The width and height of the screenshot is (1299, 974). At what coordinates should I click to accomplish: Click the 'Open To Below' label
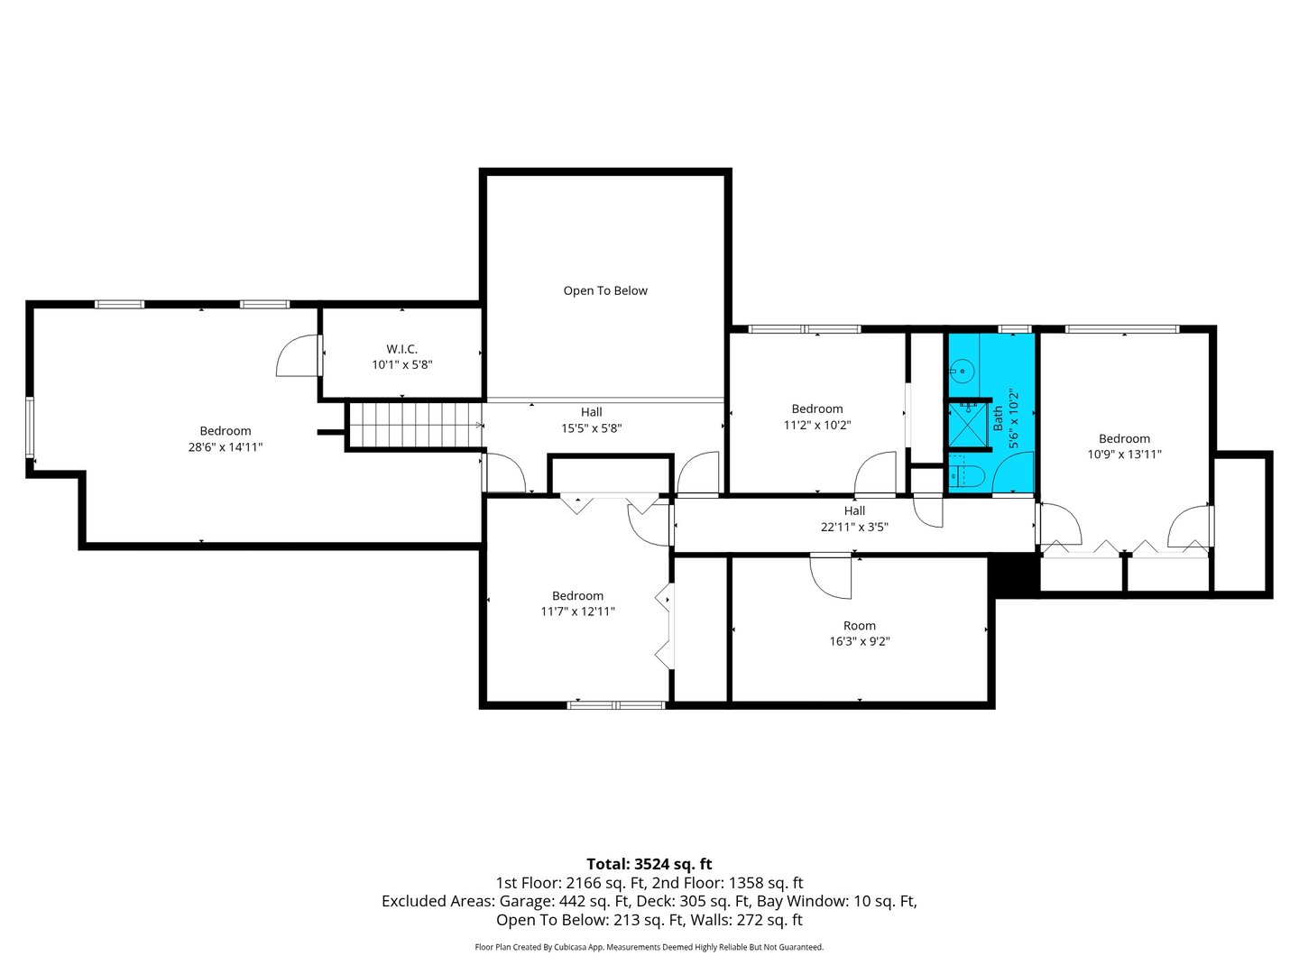click(x=605, y=290)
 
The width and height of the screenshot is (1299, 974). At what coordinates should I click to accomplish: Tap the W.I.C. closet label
click(x=401, y=349)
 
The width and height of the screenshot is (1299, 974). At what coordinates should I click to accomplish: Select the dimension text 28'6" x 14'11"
click(x=226, y=447)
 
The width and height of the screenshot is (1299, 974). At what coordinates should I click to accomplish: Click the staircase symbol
click(x=414, y=424)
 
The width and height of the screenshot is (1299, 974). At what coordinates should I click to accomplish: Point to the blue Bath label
click(x=998, y=417)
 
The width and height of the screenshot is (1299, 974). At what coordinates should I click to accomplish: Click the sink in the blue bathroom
click(x=963, y=370)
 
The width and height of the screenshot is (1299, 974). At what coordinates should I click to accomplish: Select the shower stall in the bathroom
click(x=967, y=426)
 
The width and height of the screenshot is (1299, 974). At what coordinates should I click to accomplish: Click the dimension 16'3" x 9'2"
click(x=860, y=642)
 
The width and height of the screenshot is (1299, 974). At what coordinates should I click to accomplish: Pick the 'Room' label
click(x=860, y=626)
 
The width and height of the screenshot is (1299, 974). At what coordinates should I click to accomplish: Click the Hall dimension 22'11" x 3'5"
click(x=854, y=528)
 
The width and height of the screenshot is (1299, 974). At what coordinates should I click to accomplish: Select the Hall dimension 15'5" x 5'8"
click(x=592, y=429)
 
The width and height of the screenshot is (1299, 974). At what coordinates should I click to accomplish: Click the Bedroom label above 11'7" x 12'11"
click(x=577, y=596)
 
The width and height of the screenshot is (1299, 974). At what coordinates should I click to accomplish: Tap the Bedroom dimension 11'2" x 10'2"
click(x=817, y=426)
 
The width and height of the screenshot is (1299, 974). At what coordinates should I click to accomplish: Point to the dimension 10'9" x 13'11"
click(x=1124, y=455)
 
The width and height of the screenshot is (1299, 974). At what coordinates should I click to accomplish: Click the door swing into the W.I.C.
click(x=298, y=356)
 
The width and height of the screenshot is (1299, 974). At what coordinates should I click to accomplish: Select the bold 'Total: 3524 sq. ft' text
click(x=649, y=864)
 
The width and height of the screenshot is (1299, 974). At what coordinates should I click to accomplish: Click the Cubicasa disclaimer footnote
click(x=649, y=947)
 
